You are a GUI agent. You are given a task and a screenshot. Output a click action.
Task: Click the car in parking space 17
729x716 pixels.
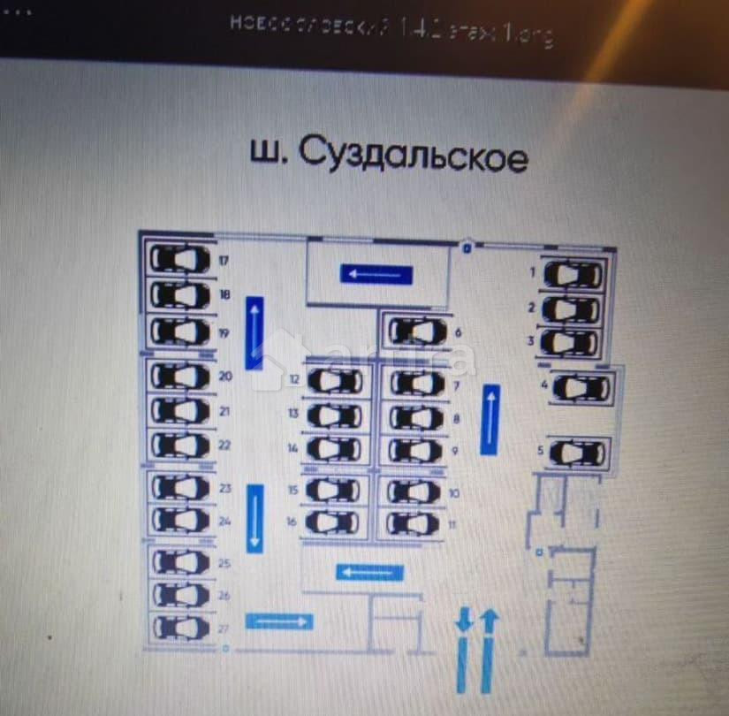tap(180, 259)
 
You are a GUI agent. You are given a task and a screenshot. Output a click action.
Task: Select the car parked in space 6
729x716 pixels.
tap(416, 332)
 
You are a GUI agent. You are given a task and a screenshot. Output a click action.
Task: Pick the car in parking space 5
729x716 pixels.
tap(575, 454)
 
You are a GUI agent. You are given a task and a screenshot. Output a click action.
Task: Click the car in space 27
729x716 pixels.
tap(180, 627)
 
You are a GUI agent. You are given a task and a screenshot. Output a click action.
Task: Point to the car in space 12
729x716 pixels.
tap(334, 382)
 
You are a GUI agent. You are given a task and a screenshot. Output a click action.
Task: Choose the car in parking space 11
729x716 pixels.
tap(413, 523)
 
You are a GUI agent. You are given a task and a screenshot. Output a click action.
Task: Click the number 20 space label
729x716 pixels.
tap(224, 377)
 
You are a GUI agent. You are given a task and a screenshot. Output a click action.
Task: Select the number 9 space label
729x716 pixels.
tap(454, 451)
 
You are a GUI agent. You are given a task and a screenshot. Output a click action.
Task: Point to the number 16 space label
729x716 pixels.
tap(291, 522)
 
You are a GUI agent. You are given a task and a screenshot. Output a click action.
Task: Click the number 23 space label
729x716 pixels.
tap(224, 488)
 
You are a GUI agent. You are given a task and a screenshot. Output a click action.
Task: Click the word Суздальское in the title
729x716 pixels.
tap(413, 156)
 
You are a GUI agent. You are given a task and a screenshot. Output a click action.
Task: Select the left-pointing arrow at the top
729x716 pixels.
tap(376, 275)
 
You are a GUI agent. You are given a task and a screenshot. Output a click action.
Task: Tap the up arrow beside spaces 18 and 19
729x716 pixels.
tap(256, 332)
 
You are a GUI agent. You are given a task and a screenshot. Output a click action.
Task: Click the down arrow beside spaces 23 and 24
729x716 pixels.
tap(255, 518)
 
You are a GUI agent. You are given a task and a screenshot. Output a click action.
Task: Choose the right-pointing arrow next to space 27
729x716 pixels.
tap(278, 621)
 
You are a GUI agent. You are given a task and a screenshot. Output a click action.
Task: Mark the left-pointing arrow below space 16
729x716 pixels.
tap(369, 573)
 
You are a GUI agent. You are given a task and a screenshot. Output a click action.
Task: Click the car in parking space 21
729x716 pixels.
tap(180, 411)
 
